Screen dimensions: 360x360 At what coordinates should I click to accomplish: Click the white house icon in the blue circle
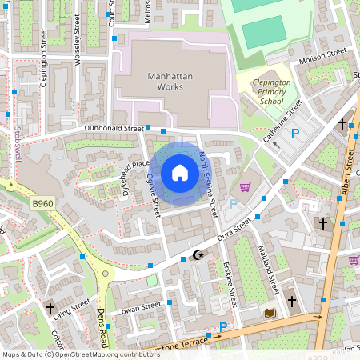180,172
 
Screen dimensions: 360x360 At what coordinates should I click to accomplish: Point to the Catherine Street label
285,118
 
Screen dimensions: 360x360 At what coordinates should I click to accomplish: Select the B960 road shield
44,206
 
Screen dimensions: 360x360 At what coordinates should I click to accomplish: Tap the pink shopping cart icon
246,187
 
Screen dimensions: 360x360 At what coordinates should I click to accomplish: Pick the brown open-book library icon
270,313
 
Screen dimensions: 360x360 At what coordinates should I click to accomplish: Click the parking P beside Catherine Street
295,134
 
